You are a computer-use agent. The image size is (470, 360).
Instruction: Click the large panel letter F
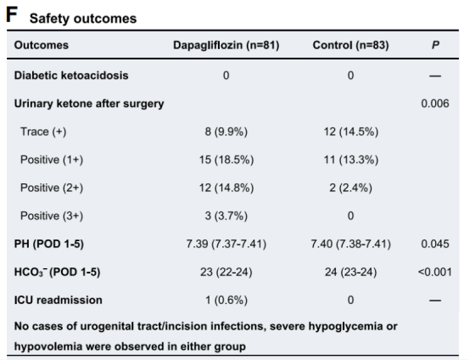pyautogui.click(x=12, y=14)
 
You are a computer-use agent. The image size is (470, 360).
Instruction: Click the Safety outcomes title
pyautogui.click(x=83, y=19)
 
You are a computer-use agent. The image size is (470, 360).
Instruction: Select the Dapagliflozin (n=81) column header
pyautogui.click(x=227, y=45)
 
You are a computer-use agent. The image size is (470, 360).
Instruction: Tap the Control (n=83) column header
pyautogui.click(x=350, y=45)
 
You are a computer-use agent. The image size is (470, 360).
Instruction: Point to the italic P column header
pyautogui.click(x=435, y=45)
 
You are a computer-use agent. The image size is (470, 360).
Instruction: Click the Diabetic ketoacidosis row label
pyautogui.click(x=71, y=76)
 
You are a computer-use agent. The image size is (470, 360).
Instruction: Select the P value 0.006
pyautogui.click(x=435, y=104)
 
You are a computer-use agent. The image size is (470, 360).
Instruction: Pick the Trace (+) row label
pyautogui.click(x=43, y=132)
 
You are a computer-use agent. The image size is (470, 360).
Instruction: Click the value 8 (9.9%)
pyautogui.click(x=227, y=132)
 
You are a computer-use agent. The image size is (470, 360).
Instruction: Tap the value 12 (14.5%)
pyautogui.click(x=350, y=132)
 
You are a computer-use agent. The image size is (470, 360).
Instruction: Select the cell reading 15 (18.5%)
pyautogui.click(x=227, y=160)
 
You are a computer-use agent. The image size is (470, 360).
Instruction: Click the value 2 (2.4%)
pyautogui.click(x=350, y=188)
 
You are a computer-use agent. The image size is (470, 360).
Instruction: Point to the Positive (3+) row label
pyautogui.click(x=52, y=216)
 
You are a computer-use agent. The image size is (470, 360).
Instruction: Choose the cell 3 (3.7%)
pyautogui.click(x=227, y=216)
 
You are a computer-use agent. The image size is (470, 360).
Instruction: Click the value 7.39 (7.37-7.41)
pyautogui.click(x=227, y=244)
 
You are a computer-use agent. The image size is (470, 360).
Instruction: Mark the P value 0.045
pyautogui.click(x=435, y=244)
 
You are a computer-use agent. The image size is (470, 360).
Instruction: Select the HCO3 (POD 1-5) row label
pyautogui.click(x=57, y=272)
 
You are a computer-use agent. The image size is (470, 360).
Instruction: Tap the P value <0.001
pyautogui.click(x=435, y=272)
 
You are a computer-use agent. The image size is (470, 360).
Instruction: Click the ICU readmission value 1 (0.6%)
pyautogui.click(x=227, y=300)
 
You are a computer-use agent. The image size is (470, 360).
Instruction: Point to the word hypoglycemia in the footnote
pyautogui.click(x=345, y=327)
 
